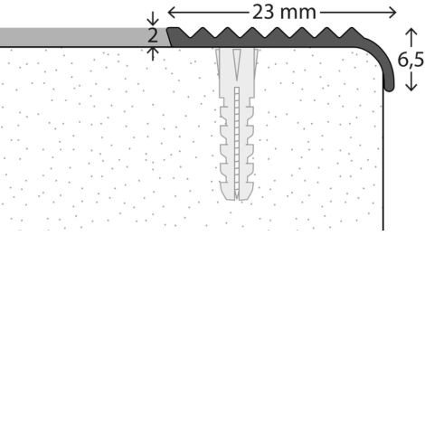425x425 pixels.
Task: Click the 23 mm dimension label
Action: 284,13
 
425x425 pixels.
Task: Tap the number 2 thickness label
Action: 153,35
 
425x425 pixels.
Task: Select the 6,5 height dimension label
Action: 411,60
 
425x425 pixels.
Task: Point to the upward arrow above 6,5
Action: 411,37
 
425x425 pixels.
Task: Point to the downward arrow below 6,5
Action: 411,81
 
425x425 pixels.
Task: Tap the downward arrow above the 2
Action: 153,19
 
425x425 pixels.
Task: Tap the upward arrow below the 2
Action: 153,53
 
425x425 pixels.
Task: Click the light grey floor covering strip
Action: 83,37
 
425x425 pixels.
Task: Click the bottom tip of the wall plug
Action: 237,198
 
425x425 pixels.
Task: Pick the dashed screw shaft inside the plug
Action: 237,142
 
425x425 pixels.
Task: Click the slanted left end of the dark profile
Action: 169,37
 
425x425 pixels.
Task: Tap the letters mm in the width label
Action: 297,14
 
